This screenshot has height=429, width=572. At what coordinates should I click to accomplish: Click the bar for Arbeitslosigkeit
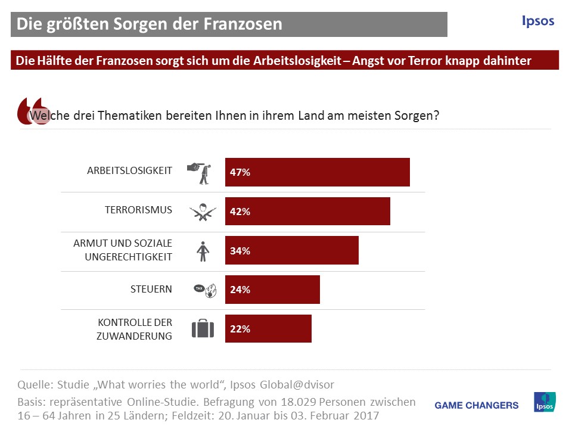317,172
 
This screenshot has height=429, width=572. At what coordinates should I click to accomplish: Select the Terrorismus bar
307,212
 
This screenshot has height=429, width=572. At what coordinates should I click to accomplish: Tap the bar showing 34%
291,250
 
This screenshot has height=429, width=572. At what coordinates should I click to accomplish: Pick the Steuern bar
272,290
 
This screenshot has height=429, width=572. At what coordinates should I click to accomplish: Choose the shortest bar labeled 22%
268,329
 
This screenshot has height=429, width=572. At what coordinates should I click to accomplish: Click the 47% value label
240,173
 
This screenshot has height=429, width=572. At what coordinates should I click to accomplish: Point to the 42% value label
240,212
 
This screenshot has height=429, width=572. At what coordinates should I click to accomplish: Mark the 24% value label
240,290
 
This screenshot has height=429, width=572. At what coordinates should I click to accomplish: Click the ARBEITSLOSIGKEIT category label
129,170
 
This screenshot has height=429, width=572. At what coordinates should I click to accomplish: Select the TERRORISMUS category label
138,210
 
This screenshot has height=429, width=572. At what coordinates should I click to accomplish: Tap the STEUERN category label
151,289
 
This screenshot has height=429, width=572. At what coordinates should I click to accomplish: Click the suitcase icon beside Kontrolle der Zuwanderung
203,329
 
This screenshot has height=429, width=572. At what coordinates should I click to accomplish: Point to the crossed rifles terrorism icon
203,212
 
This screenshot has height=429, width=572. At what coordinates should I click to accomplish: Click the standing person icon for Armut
203,251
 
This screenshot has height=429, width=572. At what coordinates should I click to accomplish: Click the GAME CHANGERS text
477,405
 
